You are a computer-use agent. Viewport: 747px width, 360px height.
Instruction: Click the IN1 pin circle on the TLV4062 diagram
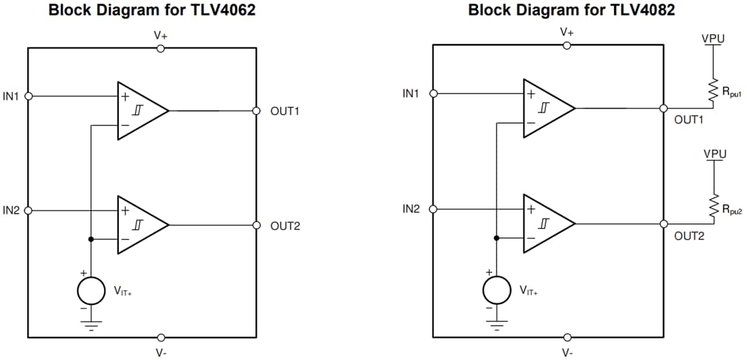click(28, 96)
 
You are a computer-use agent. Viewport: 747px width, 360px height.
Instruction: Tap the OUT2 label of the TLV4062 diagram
click(285, 226)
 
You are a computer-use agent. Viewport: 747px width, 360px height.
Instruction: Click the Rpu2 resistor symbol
click(713, 206)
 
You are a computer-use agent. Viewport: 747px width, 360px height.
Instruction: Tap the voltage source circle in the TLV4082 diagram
click(496, 289)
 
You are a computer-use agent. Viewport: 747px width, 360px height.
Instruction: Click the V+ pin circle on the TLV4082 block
click(567, 45)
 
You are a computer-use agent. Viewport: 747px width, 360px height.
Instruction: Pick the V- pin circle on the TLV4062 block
click(161, 338)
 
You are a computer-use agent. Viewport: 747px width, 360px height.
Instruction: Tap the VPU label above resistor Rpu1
click(713, 39)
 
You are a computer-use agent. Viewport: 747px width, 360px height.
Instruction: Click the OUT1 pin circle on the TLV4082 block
click(663, 108)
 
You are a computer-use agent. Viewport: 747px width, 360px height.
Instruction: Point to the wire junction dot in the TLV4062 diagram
click(90, 239)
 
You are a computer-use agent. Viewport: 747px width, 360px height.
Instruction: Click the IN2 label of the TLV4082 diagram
click(411, 209)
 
